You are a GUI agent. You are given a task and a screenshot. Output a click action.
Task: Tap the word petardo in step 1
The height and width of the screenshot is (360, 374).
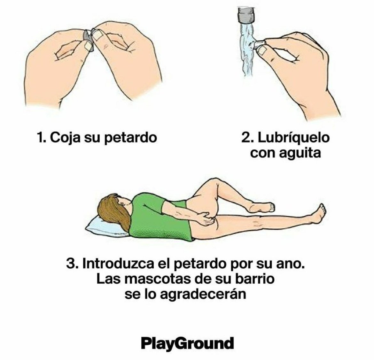pyautogui.click(x=131, y=138)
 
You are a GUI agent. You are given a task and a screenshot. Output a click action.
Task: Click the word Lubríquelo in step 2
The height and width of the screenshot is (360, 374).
pyautogui.click(x=293, y=138)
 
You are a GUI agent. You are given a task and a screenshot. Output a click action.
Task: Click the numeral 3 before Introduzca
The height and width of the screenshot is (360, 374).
pyautogui.click(x=71, y=264)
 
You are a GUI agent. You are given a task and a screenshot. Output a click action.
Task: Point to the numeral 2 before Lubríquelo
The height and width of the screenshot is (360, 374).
pyautogui.click(x=246, y=138)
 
